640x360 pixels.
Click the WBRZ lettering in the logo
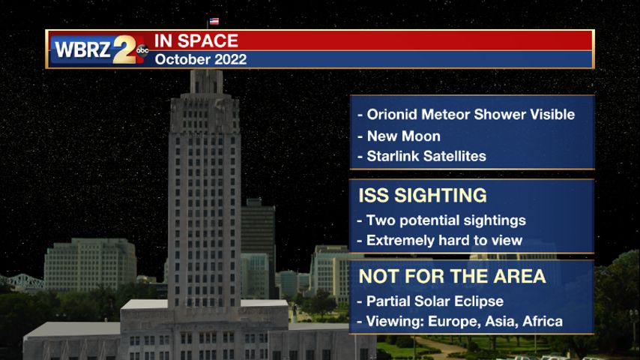[x=82, y=49]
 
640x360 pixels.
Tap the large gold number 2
[x=124, y=49]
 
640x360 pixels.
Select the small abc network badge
[x=142, y=50]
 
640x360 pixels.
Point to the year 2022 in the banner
[x=231, y=60]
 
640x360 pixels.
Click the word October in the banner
[x=183, y=60]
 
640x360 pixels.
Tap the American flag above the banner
[x=214, y=21]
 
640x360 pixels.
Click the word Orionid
[x=392, y=115]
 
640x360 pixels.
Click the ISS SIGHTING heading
[x=423, y=195]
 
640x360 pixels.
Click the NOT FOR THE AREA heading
[x=452, y=276]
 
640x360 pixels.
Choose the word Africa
[x=543, y=322]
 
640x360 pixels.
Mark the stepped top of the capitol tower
[x=205, y=82]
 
